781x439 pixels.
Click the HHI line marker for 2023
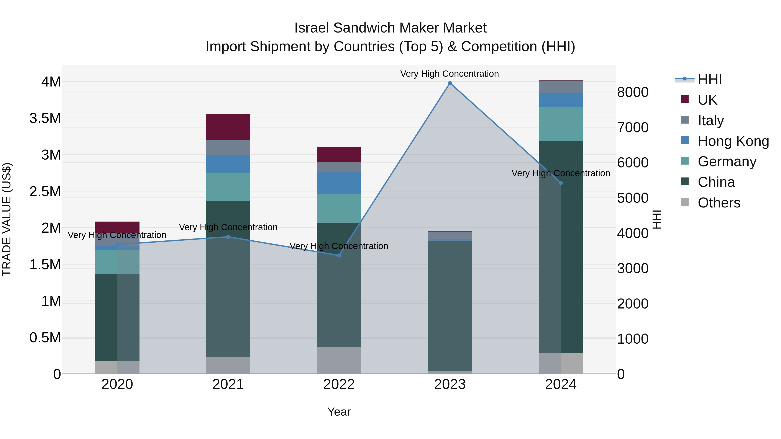[x=450, y=83]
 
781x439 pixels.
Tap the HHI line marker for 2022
[x=339, y=255]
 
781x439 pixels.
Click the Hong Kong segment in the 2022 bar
[x=339, y=183]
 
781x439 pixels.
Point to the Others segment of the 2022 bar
[x=339, y=360]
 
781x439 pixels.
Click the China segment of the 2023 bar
[x=450, y=306]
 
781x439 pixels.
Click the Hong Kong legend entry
[x=733, y=141]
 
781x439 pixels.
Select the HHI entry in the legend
[x=709, y=79]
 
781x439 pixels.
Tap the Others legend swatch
[x=685, y=202]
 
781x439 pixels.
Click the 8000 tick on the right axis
[x=633, y=92]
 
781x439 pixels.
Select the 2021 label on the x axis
[x=228, y=384]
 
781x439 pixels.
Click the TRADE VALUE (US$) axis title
[x=7, y=219]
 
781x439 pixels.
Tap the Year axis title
[x=339, y=412]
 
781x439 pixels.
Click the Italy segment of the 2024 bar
[x=561, y=87]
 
